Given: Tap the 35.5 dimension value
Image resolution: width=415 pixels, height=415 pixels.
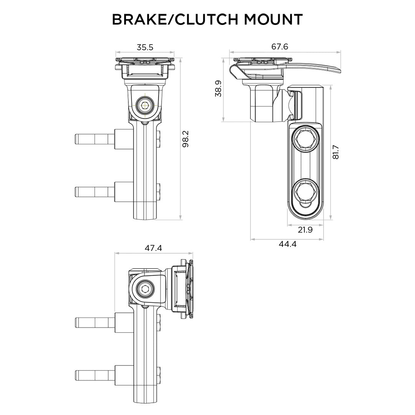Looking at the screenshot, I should [x=145, y=47].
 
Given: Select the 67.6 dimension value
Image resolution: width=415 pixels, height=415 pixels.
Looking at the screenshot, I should [x=279, y=46].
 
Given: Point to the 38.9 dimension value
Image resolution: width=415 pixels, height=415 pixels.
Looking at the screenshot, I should [x=218, y=88].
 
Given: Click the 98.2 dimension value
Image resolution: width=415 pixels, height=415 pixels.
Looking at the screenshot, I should [x=185, y=139].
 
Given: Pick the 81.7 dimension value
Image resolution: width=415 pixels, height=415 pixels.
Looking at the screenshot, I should [x=336, y=152].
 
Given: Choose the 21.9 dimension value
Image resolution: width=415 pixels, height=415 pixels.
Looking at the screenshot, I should [x=305, y=230].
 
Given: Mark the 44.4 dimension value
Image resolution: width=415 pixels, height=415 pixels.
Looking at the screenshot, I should [x=287, y=244].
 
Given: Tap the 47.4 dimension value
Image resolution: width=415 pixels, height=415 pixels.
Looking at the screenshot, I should [x=153, y=248].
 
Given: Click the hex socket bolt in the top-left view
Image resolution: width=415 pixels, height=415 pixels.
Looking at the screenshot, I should [x=145, y=105].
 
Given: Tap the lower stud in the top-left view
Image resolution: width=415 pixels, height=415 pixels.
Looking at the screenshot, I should [x=95, y=191].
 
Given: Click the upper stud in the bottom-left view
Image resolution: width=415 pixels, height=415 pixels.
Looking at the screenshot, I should [x=95, y=322].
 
